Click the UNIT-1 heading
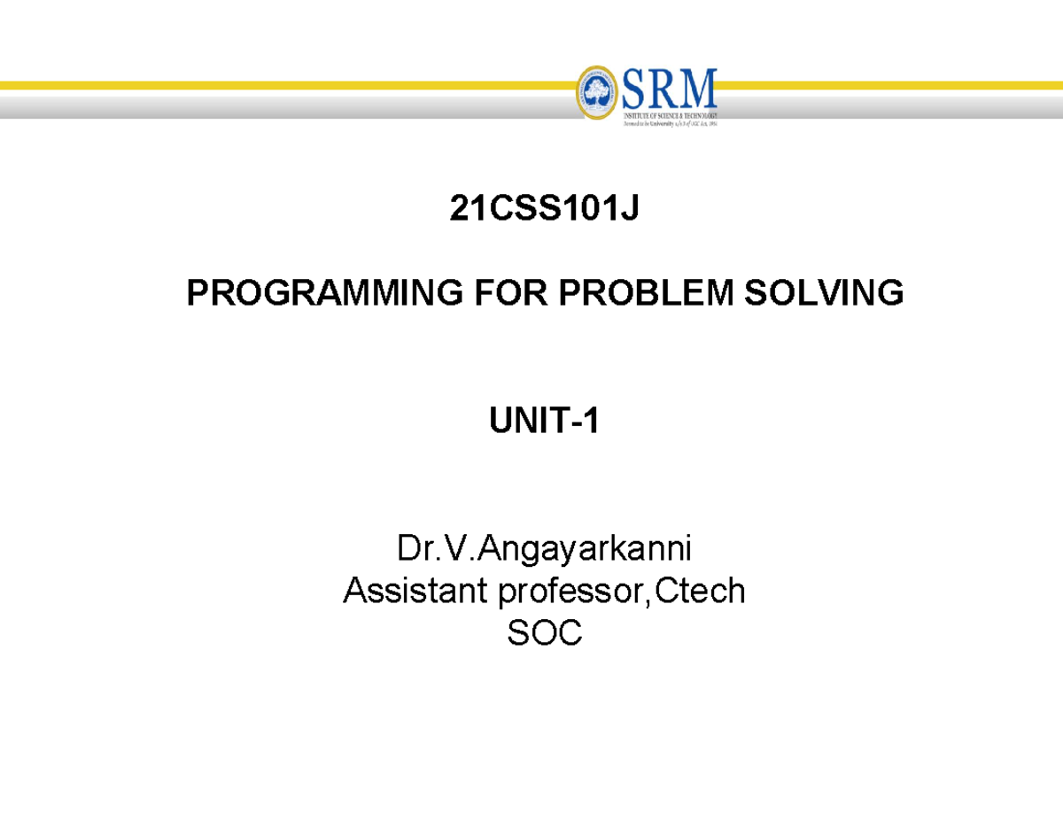click(x=544, y=422)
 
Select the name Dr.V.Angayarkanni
click(x=544, y=551)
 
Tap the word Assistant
click(x=415, y=591)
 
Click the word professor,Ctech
click(x=621, y=591)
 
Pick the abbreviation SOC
click(x=544, y=631)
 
